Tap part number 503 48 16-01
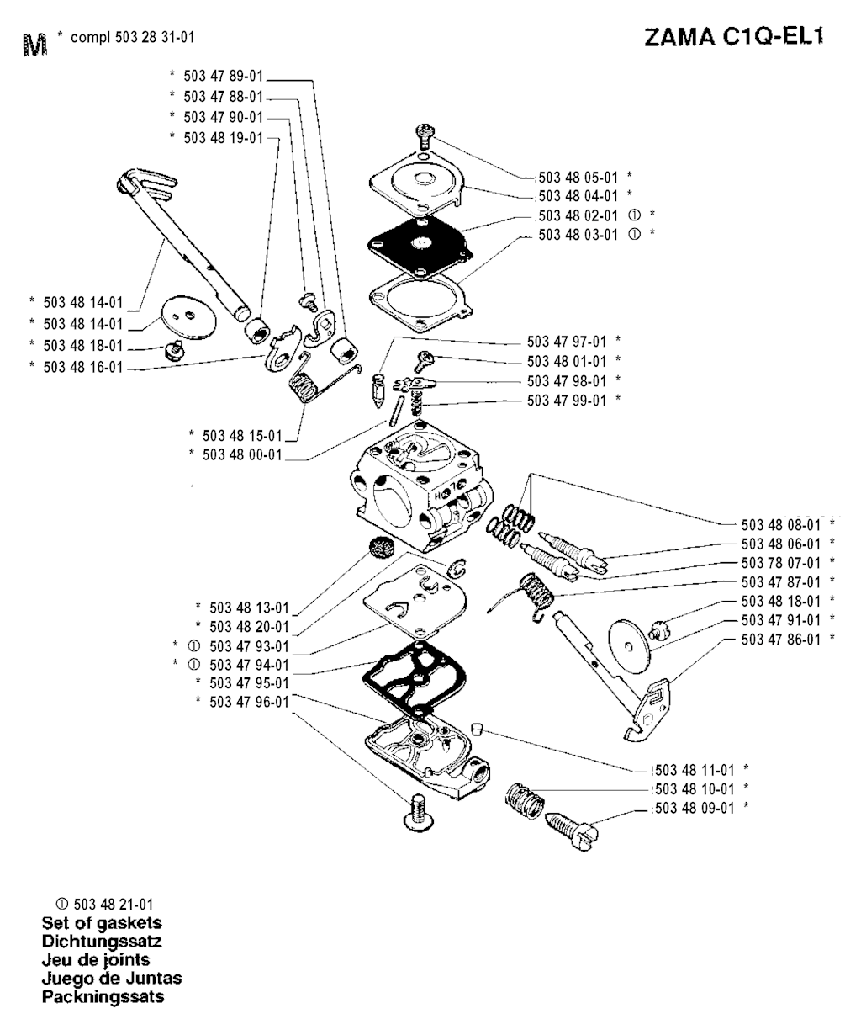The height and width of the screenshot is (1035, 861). point(82,367)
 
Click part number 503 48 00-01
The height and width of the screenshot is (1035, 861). point(244,454)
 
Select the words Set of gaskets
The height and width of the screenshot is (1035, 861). point(102,922)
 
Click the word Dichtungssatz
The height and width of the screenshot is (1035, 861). point(102,941)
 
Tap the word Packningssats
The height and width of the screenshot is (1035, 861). point(103,997)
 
